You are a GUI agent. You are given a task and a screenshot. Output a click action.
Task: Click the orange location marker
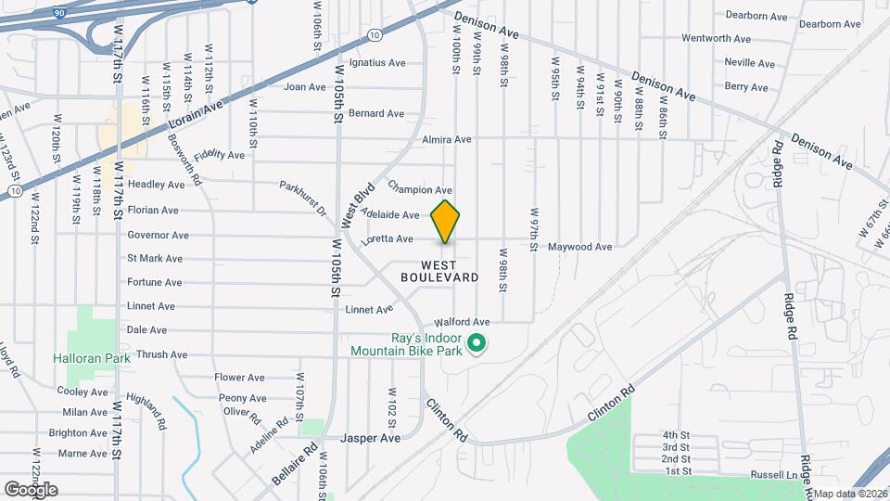click(446, 221)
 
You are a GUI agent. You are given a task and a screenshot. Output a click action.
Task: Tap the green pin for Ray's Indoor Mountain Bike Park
click(477, 344)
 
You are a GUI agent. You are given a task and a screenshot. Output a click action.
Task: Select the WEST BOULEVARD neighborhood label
click(439, 271)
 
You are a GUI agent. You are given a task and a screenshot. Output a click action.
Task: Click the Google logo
click(31, 489)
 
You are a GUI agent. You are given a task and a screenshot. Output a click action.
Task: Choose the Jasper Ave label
click(370, 437)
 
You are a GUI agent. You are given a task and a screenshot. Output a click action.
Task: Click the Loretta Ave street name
click(388, 239)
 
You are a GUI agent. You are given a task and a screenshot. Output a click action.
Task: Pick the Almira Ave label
click(447, 140)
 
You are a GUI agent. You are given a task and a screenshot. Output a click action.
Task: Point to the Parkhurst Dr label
click(304, 198)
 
